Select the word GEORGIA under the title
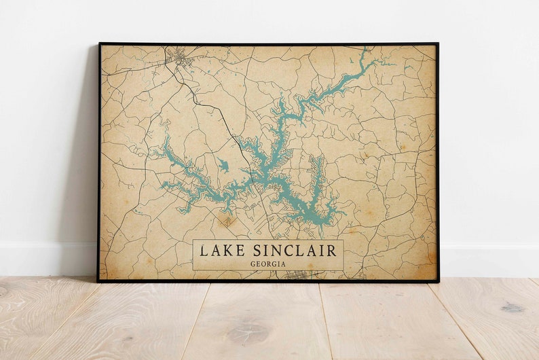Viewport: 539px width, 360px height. tap(268, 264)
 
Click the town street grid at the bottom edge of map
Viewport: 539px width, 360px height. tap(297, 275)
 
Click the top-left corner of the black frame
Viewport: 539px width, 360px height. tap(99, 44)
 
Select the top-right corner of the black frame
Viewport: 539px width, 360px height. tap(437, 44)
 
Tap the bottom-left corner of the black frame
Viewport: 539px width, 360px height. tap(98, 281)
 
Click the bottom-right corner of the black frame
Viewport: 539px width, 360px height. tap(438, 281)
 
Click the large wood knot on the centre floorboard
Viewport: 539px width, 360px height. tap(248, 333)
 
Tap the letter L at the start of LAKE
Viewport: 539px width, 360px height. tap(204, 251)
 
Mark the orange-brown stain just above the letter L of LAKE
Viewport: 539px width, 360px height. tap(226, 221)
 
